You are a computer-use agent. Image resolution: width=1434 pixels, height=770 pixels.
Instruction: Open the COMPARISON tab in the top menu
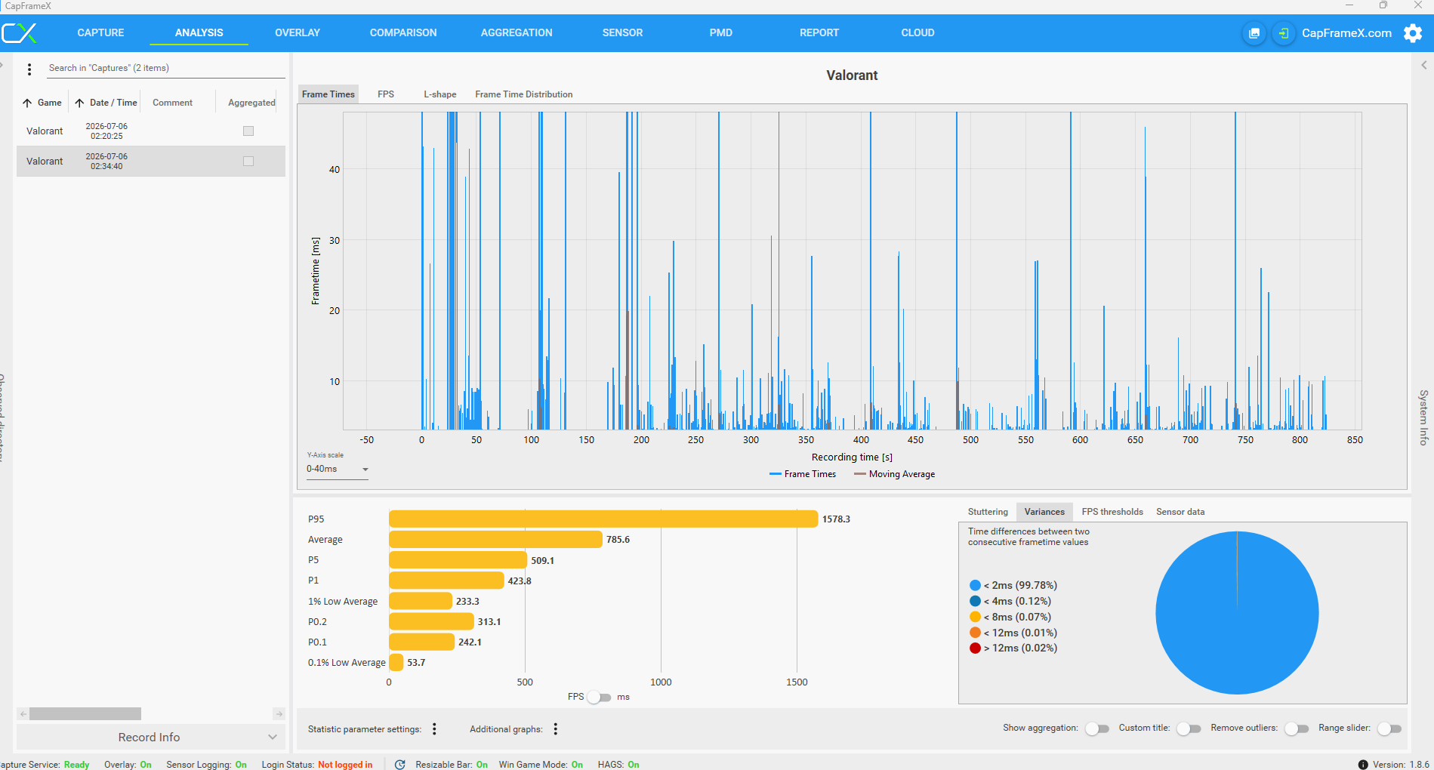pyautogui.click(x=403, y=32)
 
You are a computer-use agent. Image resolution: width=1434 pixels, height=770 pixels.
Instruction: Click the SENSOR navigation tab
pyautogui.click(x=622, y=32)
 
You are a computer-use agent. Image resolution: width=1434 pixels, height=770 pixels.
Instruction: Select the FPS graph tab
pyautogui.click(x=386, y=94)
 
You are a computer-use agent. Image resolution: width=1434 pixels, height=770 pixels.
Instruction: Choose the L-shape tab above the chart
pyautogui.click(x=439, y=94)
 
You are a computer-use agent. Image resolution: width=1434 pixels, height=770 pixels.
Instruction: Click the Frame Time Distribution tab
pyautogui.click(x=523, y=94)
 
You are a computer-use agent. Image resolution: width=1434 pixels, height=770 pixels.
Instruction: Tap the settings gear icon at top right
pyautogui.click(x=1413, y=33)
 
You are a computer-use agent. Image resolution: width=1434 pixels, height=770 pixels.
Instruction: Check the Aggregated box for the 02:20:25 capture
pyautogui.click(x=248, y=131)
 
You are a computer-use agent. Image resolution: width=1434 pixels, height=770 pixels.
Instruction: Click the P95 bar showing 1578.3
pyautogui.click(x=603, y=519)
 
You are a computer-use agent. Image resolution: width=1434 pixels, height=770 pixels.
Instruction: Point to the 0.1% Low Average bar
pyautogui.click(x=396, y=663)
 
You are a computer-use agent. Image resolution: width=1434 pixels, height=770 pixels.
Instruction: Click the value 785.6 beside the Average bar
pyautogui.click(x=618, y=540)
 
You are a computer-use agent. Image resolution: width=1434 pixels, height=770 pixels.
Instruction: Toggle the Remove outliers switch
pyautogui.click(x=1297, y=728)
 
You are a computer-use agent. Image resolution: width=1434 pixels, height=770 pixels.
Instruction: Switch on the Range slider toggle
pyautogui.click(x=1389, y=728)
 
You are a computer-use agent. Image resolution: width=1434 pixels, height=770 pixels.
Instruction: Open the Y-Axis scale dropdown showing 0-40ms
pyautogui.click(x=338, y=469)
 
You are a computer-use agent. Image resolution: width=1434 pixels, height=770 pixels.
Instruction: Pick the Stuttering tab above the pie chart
pyautogui.click(x=988, y=512)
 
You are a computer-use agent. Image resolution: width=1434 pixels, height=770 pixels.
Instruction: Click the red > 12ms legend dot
pyautogui.click(x=975, y=648)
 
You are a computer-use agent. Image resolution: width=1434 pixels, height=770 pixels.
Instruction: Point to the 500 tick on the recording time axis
pyautogui.click(x=970, y=439)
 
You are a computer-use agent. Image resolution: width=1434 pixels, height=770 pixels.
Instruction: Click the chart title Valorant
pyautogui.click(x=852, y=75)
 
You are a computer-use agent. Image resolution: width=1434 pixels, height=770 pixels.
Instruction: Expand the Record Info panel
pyautogui.click(x=150, y=738)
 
